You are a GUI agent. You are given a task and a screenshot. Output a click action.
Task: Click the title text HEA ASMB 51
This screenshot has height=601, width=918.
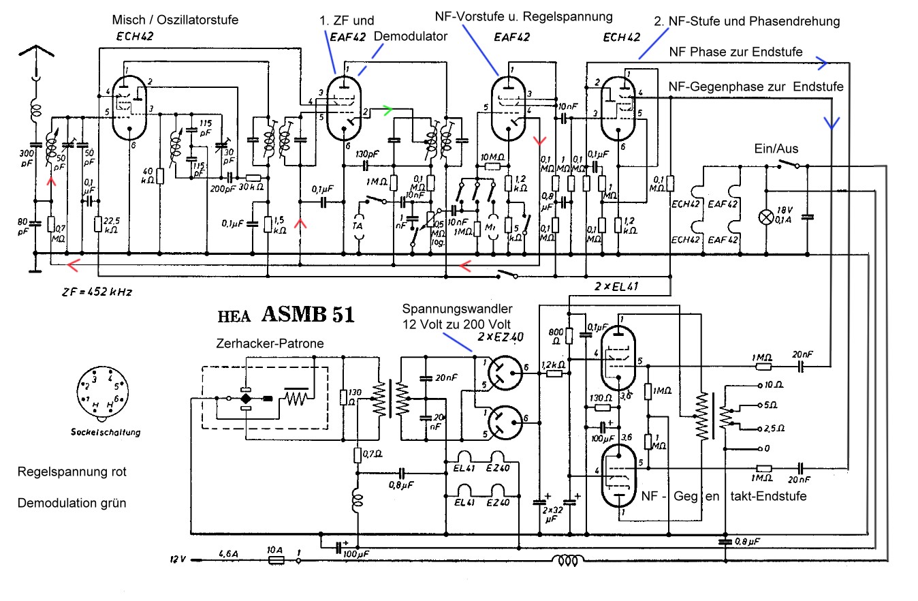(x=285, y=315)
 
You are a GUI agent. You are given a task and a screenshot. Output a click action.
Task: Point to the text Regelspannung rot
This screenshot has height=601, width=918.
(x=72, y=472)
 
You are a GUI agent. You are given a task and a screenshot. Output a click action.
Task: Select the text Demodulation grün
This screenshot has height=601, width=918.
(x=72, y=504)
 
